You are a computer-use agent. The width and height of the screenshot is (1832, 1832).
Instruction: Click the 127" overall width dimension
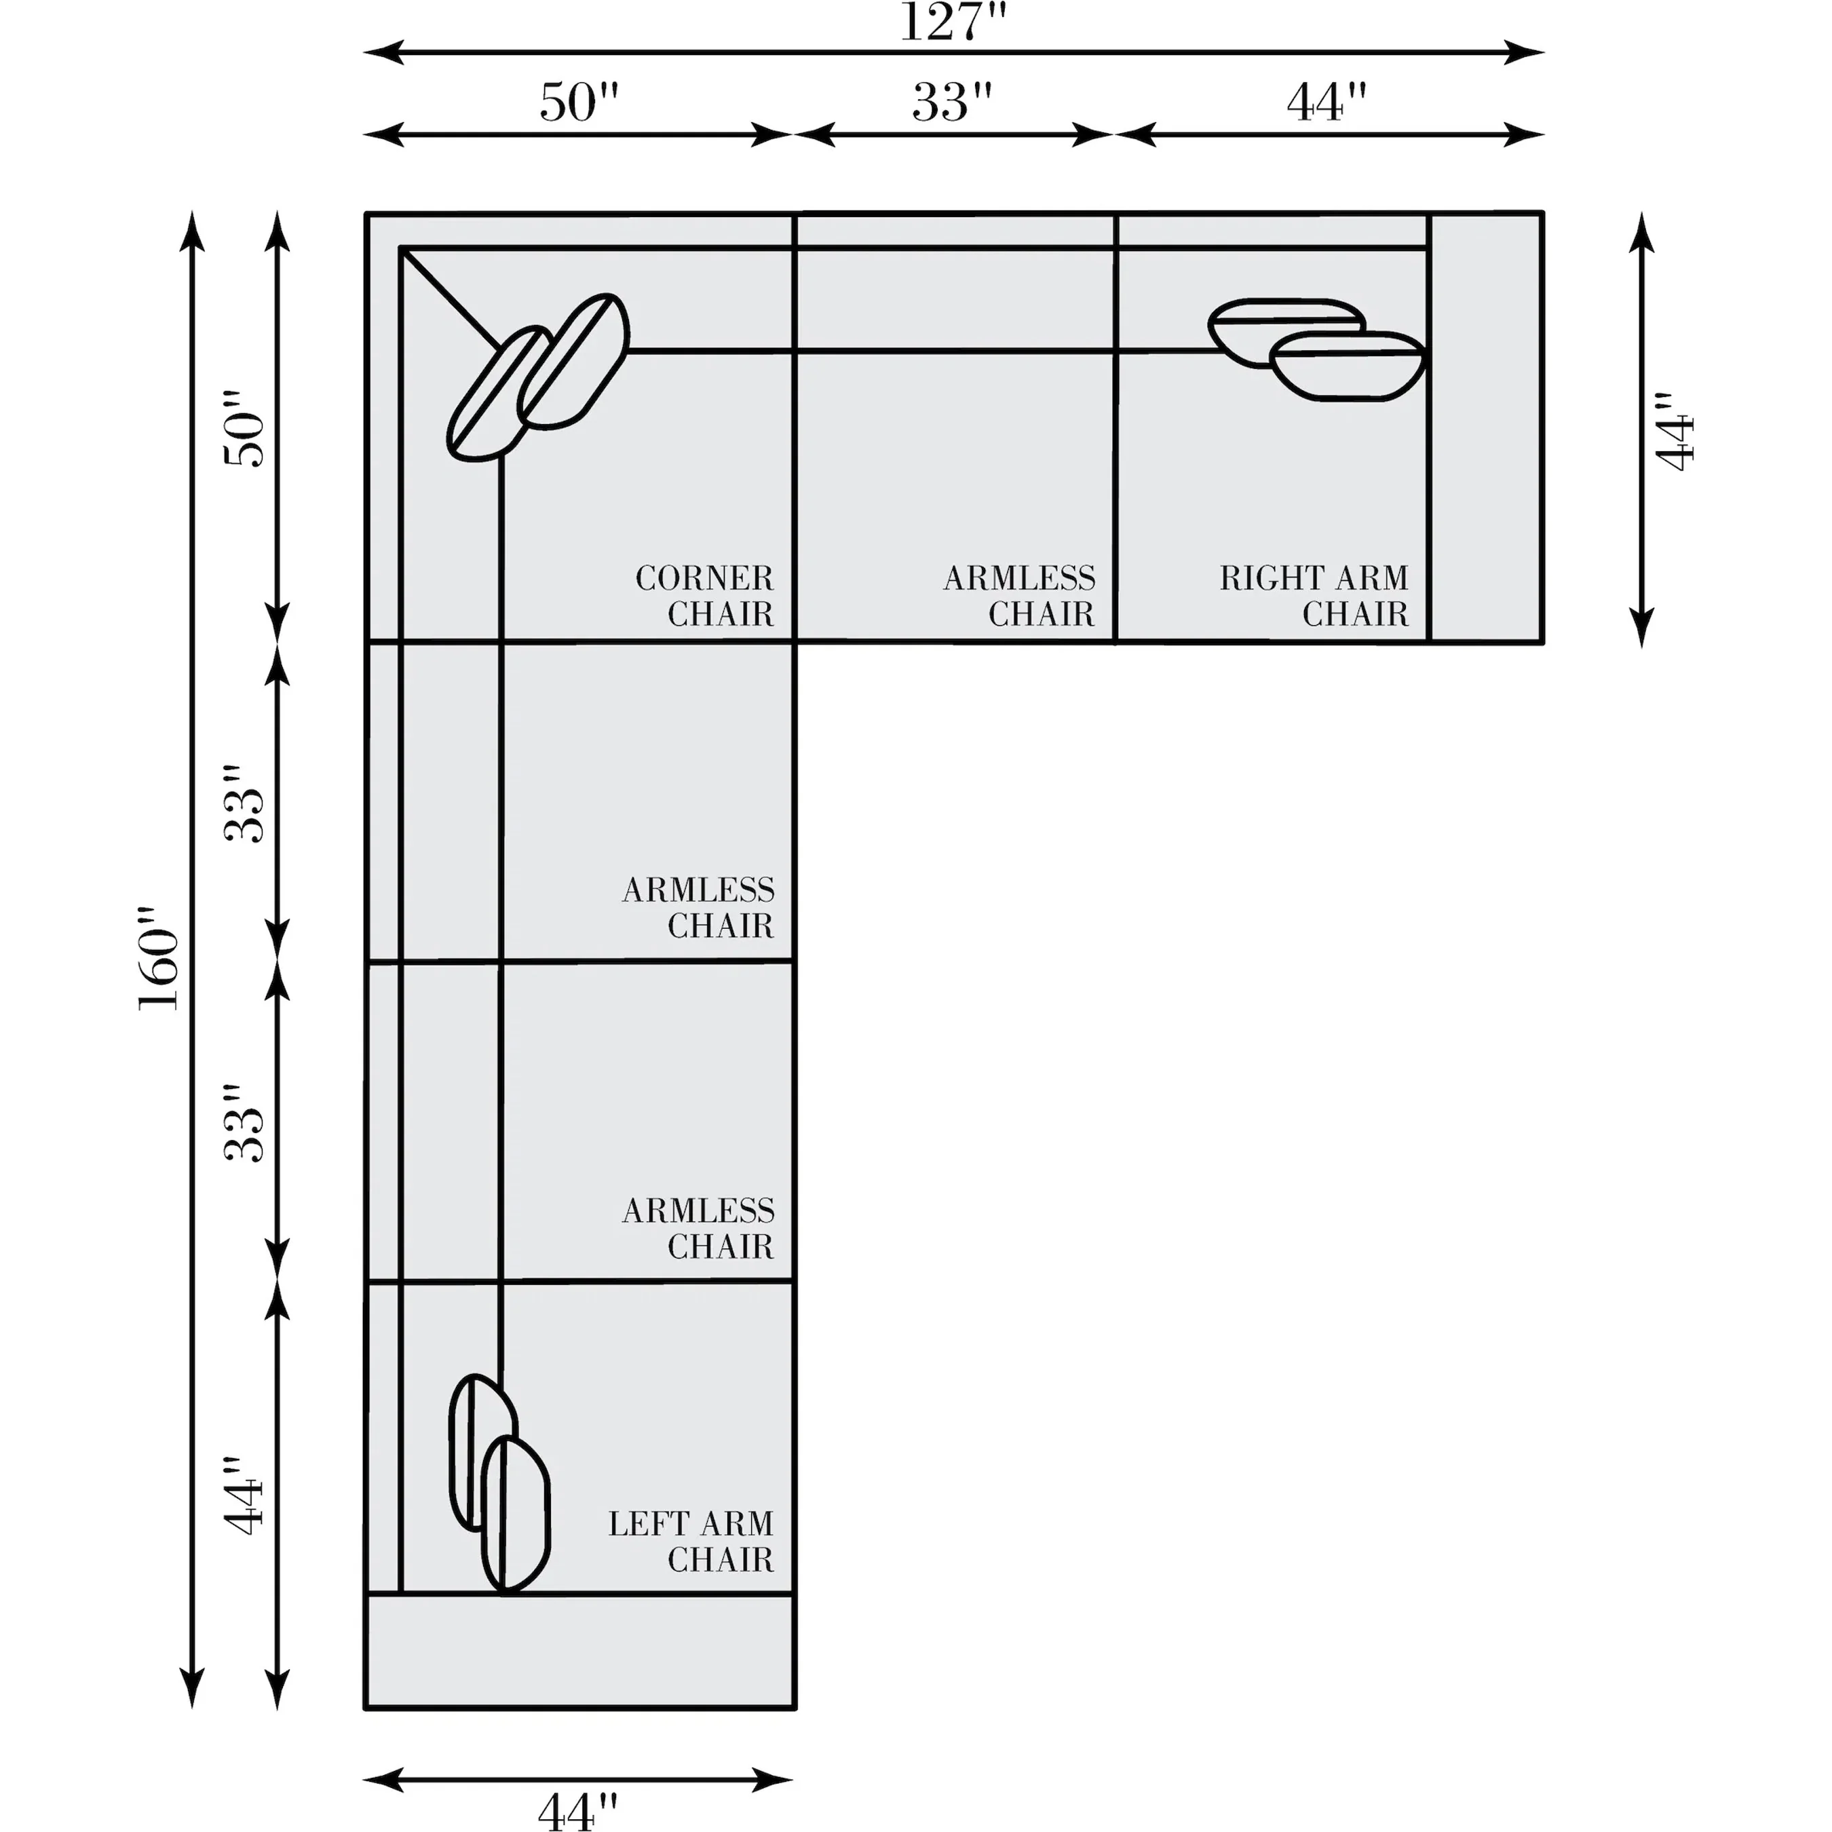952,23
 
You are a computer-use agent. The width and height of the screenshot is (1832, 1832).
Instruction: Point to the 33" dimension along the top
952,102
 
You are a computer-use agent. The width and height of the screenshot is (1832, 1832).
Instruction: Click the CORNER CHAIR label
704,596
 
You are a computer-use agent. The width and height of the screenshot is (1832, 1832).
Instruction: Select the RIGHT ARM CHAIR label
1314,596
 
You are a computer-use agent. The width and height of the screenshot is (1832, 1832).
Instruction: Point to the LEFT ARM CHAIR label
691,1541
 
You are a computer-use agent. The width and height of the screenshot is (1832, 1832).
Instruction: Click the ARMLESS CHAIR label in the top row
1019,596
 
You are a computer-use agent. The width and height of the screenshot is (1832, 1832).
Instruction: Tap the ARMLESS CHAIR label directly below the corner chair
699,907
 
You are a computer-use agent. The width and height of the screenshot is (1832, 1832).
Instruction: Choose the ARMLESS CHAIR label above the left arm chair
699,1228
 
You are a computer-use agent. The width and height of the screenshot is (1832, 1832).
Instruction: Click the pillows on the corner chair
537,377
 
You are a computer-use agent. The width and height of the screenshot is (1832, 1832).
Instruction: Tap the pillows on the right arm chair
1317,349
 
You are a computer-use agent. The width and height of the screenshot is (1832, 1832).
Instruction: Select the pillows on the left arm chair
499,1485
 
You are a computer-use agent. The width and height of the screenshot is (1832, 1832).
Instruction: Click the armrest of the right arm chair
1486,427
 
